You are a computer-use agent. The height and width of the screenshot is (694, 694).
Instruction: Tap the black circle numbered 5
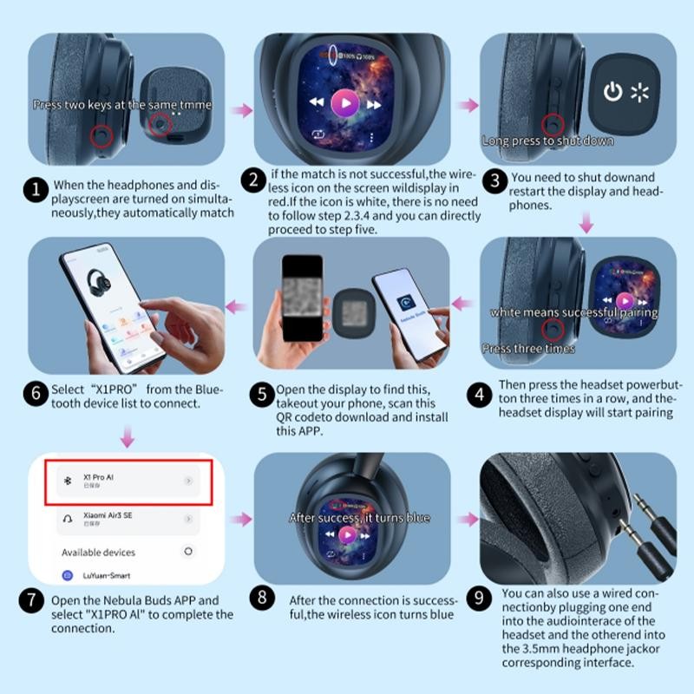pos(263,396)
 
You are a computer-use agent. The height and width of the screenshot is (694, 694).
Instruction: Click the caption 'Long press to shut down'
pos(547,141)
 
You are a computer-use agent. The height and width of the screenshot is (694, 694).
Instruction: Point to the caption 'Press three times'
pos(528,349)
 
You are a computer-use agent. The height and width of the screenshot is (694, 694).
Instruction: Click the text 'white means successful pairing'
pos(573,312)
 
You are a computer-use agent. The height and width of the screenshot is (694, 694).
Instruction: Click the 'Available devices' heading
pos(98,552)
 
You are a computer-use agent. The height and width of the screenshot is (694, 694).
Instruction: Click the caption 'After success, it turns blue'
pos(359,518)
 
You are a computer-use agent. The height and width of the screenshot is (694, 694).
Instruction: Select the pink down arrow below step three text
pos(586,224)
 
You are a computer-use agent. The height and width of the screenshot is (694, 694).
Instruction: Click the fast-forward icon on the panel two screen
pos(374,104)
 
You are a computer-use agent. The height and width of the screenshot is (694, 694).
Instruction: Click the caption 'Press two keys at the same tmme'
pos(121,105)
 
